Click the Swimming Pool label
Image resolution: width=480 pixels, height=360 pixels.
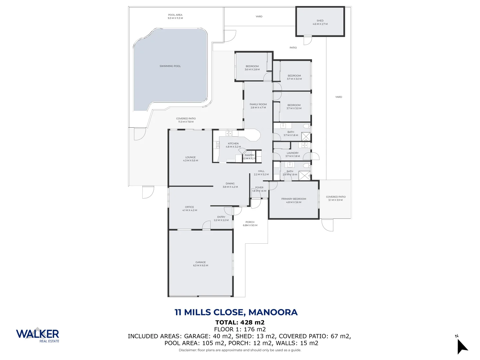[x=170, y=66]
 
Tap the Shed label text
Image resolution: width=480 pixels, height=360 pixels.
[x=320, y=21]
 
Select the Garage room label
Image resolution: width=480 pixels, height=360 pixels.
[x=201, y=262]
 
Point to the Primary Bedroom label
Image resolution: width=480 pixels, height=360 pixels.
[x=294, y=199]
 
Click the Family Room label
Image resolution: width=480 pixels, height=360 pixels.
[x=258, y=104]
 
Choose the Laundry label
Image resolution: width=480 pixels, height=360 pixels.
[x=293, y=153]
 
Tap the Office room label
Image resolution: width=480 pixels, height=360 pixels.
[x=189, y=207]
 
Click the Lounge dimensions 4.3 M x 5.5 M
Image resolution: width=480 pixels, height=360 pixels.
[x=190, y=161]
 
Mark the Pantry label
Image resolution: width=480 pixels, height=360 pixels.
[x=250, y=155]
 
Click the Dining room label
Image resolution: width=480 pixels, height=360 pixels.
[x=230, y=184]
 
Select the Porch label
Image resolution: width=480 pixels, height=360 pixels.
[x=250, y=222]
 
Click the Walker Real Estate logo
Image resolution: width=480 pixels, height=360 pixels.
[x=38, y=335]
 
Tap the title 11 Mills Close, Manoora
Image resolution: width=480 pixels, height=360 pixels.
[x=236, y=312]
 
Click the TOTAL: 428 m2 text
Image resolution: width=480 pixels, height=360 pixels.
[x=240, y=322]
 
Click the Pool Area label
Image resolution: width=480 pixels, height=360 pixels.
[x=175, y=15]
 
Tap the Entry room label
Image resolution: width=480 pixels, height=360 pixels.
[x=221, y=217]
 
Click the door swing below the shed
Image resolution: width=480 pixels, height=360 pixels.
[x=308, y=41]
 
